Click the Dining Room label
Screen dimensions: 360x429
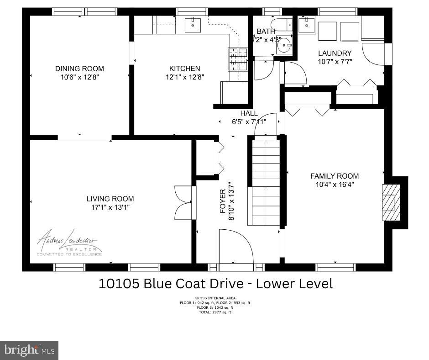(79, 69)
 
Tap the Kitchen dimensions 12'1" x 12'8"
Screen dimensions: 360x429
(184, 77)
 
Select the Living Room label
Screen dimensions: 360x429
(110, 199)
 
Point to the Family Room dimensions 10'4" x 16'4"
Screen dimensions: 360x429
(335, 184)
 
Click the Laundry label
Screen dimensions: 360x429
(335, 53)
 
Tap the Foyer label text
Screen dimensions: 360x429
(223, 201)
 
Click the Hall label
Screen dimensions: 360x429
(249, 113)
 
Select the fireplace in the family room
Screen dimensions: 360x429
(388, 197)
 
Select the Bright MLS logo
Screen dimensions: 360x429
(29, 350)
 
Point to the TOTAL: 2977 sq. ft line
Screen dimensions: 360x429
(216, 312)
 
